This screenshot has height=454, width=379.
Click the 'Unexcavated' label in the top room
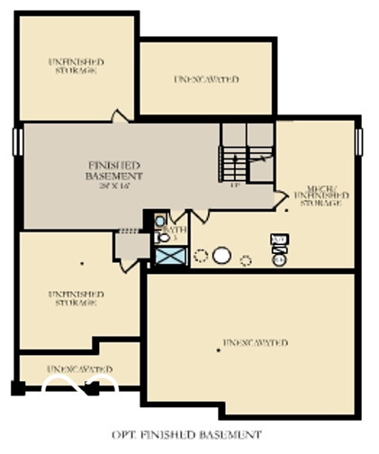pos(206,79)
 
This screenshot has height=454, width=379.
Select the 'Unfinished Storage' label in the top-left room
pos(76,66)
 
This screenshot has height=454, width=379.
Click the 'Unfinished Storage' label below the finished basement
pos(76,298)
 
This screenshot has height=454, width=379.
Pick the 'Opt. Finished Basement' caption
pos(187,435)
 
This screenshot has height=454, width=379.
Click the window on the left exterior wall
pos(15,142)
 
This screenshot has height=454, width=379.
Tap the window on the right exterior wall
pos(358,142)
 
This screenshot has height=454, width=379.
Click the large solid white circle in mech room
pos(221,256)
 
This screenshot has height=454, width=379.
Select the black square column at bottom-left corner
pos(17,388)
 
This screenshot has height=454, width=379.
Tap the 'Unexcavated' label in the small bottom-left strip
pos(80,369)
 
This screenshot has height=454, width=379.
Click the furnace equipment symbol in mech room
pos(279,243)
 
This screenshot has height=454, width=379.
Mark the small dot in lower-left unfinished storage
pos(83,264)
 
